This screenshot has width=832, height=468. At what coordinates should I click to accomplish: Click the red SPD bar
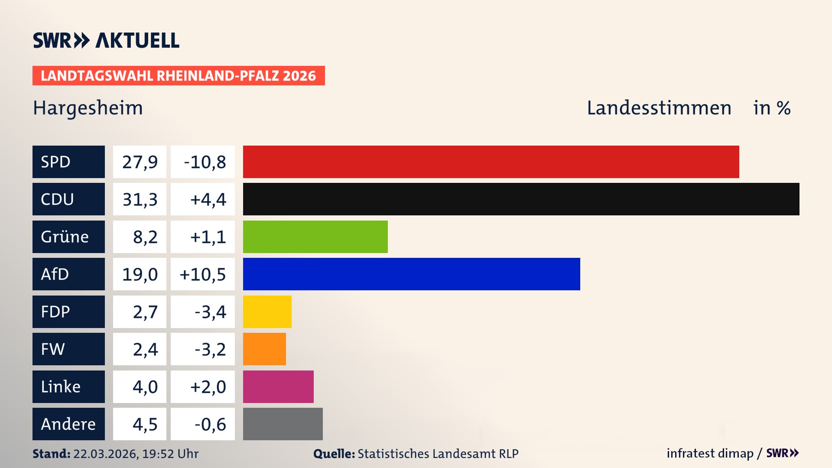(491, 162)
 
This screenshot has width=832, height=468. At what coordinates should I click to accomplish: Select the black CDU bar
(521, 199)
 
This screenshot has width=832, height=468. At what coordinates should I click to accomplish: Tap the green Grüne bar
(315, 237)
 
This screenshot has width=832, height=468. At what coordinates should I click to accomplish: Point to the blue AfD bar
(411, 274)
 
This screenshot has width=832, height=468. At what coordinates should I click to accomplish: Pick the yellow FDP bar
(267, 312)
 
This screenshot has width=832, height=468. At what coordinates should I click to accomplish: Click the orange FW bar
(264, 349)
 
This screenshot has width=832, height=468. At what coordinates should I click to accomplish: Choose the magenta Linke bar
(278, 387)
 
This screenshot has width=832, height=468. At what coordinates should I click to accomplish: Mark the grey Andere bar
(283, 424)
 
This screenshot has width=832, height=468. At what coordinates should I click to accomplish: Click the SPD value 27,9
(140, 162)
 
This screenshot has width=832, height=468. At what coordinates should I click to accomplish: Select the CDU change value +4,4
(208, 199)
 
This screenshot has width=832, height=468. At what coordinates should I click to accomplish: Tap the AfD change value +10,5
(203, 274)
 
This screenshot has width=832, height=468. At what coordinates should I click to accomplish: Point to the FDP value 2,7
(145, 312)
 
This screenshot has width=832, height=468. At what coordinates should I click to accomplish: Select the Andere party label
(68, 424)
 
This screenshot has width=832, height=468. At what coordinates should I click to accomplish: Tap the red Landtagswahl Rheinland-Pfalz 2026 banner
(178, 76)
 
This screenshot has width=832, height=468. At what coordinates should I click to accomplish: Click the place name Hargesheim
(88, 108)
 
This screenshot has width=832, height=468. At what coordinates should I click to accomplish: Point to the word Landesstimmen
(659, 108)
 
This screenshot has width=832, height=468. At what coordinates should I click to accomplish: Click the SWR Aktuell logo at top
(106, 40)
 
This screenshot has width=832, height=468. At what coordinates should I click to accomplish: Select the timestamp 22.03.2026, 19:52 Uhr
(136, 454)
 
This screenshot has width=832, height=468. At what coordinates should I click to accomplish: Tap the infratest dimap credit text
(709, 453)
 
